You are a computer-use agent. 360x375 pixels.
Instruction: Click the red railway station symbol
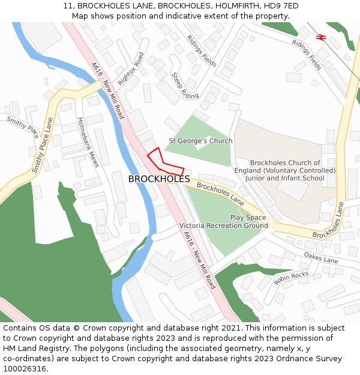coord(321,37)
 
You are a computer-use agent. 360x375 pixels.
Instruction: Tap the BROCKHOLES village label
coord(159,179)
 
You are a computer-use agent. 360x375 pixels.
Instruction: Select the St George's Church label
coord(200,141)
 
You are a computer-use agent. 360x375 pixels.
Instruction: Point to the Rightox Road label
coord(131,68)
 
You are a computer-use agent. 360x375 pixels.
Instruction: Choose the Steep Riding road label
coord(185,86)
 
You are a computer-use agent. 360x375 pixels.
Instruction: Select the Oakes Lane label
coord(321,259)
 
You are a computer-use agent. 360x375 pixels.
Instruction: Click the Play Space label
coord(248,217)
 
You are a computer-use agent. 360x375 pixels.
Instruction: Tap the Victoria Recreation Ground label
coord(224,226)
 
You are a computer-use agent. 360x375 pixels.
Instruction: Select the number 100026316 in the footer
coord(24,368)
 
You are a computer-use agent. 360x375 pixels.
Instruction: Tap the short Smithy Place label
coord(23,128)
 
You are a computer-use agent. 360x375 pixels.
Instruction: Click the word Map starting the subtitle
coord(81,16)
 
